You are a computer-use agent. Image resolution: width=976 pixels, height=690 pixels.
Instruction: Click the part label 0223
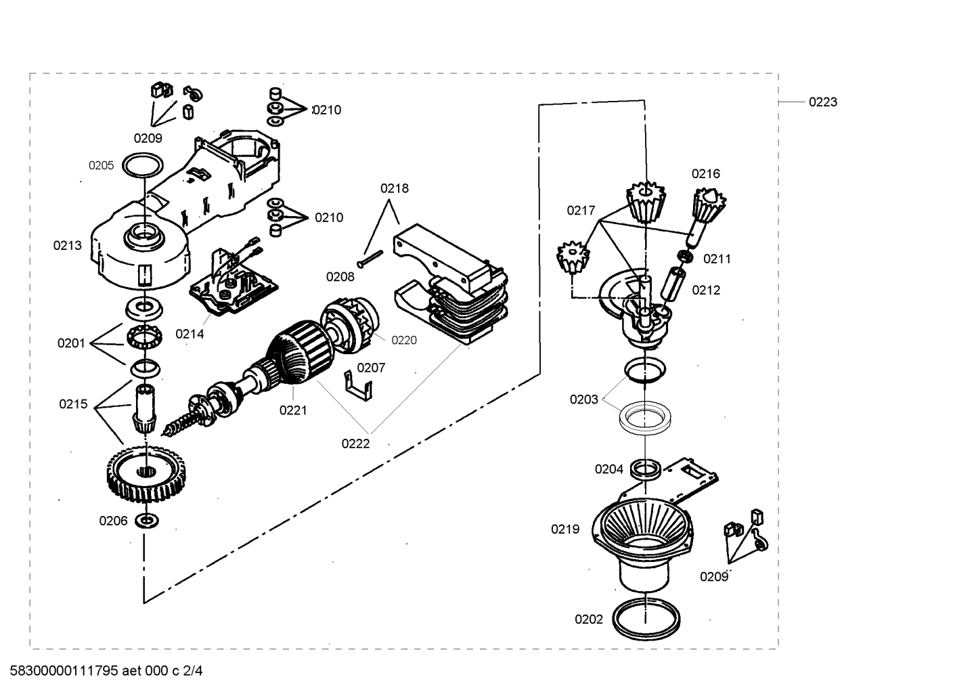822,102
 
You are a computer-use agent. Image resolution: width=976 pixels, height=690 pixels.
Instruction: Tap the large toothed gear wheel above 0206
146,474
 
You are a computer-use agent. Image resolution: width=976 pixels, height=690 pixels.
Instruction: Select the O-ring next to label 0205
143,166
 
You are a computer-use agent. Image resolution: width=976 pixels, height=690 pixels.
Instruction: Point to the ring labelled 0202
646,619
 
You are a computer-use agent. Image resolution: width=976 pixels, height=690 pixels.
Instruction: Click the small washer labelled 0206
146,520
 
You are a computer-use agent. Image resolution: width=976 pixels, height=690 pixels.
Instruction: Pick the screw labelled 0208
370,259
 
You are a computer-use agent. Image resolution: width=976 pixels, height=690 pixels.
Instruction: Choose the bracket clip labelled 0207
358,386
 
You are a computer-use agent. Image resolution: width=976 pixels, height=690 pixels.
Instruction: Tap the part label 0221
293,410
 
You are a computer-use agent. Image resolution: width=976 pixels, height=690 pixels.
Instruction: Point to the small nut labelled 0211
686,256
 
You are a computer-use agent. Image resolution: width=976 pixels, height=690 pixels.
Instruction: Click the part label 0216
706,174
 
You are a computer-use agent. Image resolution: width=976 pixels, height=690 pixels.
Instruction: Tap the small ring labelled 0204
646,469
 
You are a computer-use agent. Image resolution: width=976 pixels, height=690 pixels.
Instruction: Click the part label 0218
395,188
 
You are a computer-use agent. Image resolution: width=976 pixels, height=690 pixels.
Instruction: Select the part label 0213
67,245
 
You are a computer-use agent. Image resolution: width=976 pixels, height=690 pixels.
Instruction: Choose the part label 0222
355,444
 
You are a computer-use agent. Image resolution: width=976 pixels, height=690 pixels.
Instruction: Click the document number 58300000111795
64,670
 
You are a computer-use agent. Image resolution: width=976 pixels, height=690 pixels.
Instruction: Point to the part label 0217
581,211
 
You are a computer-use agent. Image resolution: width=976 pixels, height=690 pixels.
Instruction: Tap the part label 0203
584,400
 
